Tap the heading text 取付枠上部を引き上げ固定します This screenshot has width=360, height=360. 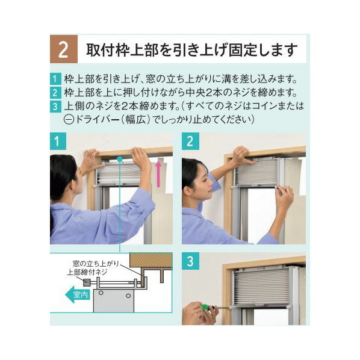click(192, 50)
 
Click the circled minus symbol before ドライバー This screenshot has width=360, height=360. click(68, 119)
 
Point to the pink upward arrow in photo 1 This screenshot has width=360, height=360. click(159, 172)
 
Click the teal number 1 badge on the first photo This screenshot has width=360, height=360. click(57, 141)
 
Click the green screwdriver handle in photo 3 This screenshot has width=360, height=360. click(206, 306)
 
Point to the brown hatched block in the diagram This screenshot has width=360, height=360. click(151, 260)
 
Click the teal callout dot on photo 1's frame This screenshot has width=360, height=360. click(120, 159)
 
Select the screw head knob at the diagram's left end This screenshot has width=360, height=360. click(87, 282)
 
